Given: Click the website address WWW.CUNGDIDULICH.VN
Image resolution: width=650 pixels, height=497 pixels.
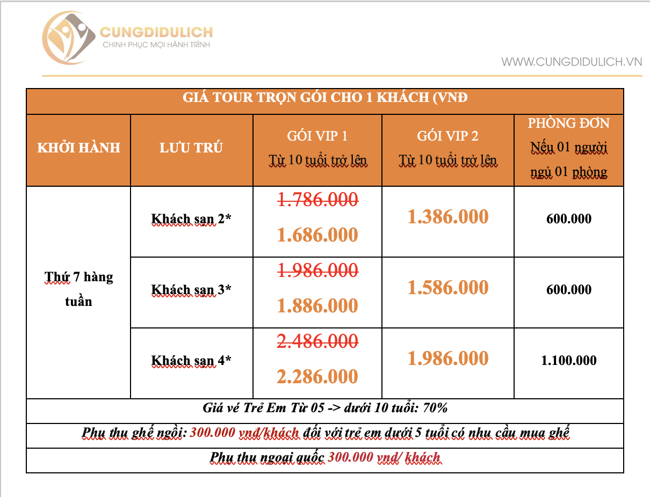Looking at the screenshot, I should (x=572, y=62).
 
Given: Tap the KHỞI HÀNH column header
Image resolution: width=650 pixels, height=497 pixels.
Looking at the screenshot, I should (x=78, y=148).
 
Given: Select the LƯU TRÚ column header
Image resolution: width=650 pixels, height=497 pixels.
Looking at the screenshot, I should (x=191, y=148).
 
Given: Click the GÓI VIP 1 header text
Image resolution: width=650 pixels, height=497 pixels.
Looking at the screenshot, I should (x=317, y=136).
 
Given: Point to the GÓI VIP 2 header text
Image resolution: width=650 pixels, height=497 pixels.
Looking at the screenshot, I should (x=447, y=136).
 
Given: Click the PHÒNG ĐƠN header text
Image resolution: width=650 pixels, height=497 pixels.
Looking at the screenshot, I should (x=568, y=123).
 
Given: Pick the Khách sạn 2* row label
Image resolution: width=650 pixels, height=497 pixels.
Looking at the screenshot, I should (x=191, y=219).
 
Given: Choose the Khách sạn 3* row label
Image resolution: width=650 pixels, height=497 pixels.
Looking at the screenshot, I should (x=191, y=290).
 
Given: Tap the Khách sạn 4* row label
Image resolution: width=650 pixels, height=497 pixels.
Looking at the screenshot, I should (x=191, y=361).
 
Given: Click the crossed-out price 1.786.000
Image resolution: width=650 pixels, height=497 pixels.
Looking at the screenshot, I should (x=317, y=200).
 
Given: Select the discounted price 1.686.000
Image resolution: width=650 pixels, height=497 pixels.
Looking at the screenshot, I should (x=317, y=235).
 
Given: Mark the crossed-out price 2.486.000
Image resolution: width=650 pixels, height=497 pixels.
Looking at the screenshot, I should (x=317, y=341).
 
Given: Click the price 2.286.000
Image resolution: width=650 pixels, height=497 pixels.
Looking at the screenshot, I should (x=317, y=376).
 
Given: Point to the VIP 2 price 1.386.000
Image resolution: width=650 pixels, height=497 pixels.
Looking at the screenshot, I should (x=448, y=217).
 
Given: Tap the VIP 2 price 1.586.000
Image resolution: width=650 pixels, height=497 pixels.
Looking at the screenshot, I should (x=448, y=288).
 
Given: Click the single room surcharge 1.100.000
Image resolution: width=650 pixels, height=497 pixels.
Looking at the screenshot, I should (x=569, y=361).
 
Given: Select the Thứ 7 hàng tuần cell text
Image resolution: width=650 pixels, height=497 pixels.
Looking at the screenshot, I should (x=78, y=289).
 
